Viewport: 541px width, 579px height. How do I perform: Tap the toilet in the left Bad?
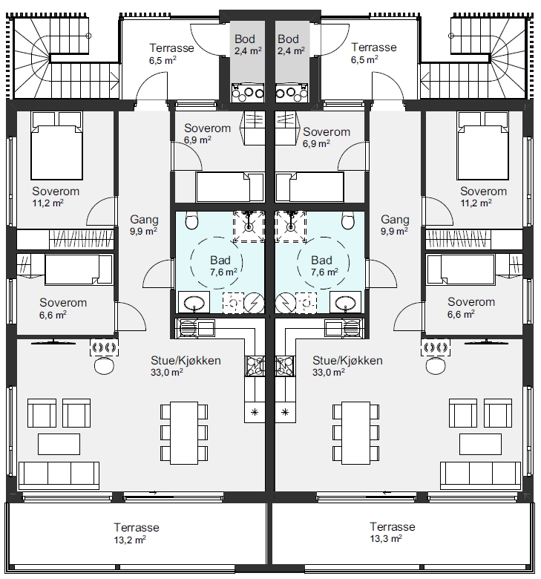(x=191, y=220)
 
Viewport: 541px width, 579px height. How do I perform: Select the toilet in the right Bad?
(x=348, y=220)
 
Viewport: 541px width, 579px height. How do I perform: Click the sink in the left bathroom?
(x=194, y=303)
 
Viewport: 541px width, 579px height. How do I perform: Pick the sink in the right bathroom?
(x=346, y=303)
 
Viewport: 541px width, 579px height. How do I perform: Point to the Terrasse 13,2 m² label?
(x=137, y=533)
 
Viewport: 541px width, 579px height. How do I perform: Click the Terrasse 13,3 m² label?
(x=392, y=532)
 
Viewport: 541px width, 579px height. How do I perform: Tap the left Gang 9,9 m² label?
(x=144, y=225)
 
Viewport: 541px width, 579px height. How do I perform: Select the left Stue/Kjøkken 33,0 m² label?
(x=186, y=366)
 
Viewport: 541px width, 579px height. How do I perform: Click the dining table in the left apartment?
(x=184, y=433)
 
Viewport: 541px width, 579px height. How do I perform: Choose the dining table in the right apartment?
(x=356, y=433)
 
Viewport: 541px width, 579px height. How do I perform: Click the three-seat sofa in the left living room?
(x=59, y=475)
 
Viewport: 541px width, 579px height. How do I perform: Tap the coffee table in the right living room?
(x=480, y=444)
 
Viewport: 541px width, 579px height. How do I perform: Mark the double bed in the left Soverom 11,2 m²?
(x=56, y=145)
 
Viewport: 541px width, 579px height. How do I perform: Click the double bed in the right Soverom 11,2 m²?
(x=483, y=145)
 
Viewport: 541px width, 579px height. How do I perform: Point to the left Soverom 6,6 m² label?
(x=63, y=308)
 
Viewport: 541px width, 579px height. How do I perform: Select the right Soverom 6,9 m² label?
(x=327, y=137)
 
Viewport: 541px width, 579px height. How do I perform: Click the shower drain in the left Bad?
(x=249, y=226)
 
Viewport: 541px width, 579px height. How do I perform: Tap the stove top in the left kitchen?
(x=255, y=365)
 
